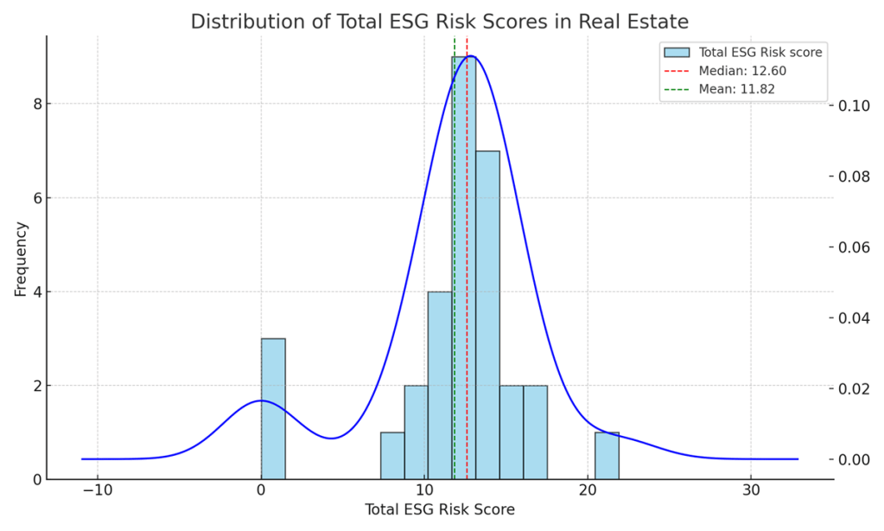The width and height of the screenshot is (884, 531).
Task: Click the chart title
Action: point(442,22)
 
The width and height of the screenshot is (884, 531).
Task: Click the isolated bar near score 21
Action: point(607,455)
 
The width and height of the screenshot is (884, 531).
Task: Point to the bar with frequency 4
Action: point(440,385)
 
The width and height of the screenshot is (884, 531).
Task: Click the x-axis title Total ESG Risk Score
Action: point(440,509)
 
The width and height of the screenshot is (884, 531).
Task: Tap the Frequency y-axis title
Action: point(21,259)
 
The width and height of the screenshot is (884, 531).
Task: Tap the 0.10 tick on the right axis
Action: point(850,106)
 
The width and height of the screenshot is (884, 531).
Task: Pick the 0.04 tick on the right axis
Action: point(850,318)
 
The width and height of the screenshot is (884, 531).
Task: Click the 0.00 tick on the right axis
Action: point(850,459)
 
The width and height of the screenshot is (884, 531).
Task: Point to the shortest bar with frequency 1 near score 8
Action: point(392,455)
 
